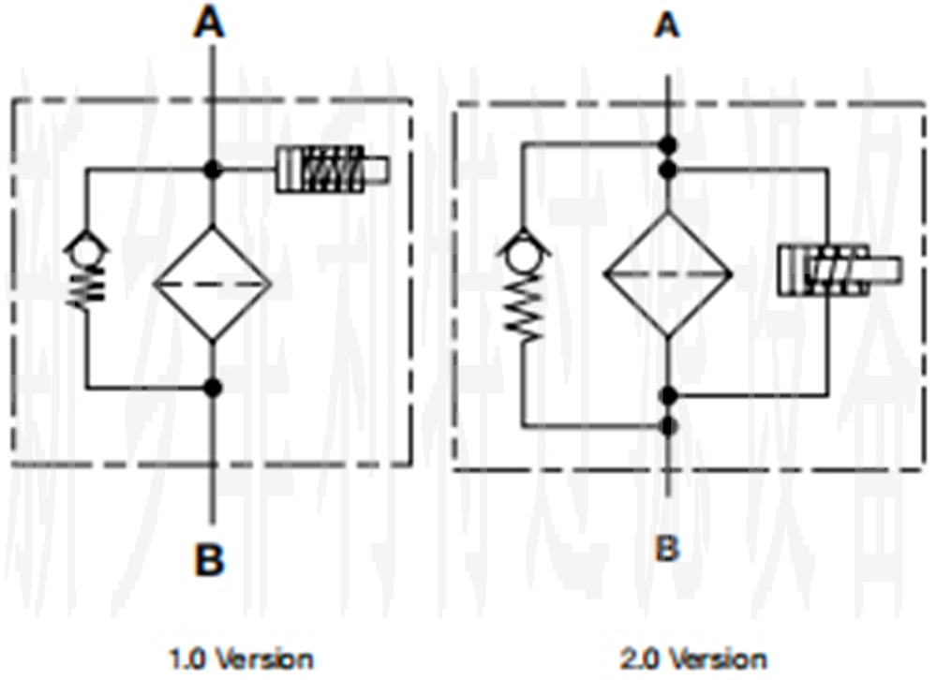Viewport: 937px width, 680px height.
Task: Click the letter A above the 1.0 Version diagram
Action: point(210,24)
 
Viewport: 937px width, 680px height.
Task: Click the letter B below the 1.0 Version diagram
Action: point(210,561)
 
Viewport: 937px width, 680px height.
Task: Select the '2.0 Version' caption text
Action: point(693,658)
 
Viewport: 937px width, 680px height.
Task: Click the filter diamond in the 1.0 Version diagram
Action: point(214,283)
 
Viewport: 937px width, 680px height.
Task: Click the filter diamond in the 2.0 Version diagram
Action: point(667,273)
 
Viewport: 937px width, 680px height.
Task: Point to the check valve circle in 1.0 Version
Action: point(87,249)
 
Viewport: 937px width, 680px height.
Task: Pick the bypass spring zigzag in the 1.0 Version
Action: point(86,283)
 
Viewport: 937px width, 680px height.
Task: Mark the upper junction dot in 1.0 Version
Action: point(214,170)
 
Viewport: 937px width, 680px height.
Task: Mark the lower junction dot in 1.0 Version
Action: point(214,386)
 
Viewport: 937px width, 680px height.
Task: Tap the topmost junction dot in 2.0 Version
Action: point(667,145)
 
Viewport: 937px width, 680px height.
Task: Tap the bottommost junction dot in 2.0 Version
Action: point(667,426)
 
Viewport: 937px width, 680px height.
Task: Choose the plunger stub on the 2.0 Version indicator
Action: point(885,270)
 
